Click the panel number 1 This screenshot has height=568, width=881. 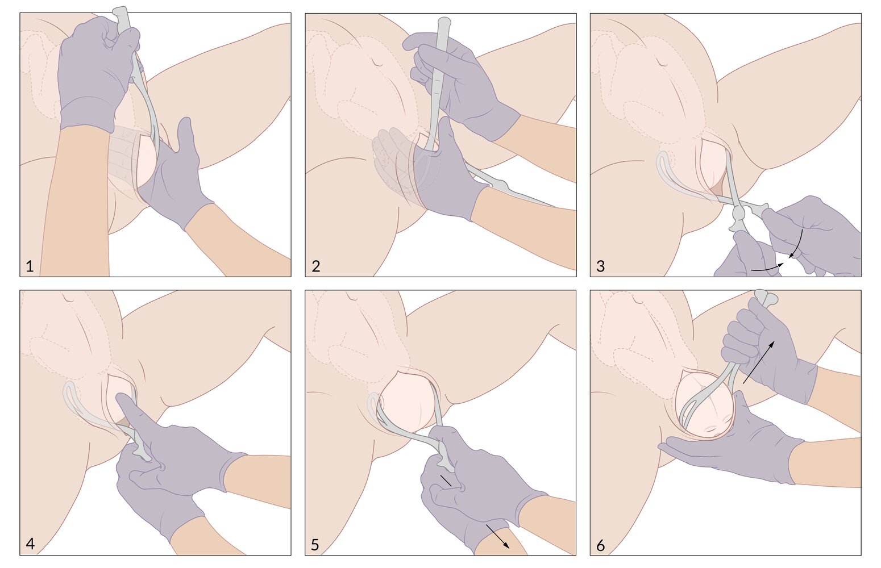[x=30, y=266]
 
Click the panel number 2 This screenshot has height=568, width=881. [x=315, y=266]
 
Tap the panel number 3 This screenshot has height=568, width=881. [x=600, y=266]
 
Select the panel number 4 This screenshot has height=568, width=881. [x=30, y=544]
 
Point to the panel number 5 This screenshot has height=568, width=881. [x=315, y=545]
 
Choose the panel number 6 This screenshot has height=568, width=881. [x=600, y=546]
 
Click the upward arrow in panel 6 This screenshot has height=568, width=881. [x=759, y=362]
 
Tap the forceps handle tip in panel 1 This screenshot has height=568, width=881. [x=120, y=12]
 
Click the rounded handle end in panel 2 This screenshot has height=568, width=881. [x=444, y=22]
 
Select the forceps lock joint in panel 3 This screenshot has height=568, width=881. [x=738, y=214]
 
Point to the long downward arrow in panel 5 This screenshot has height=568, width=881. [x=498, y=536]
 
